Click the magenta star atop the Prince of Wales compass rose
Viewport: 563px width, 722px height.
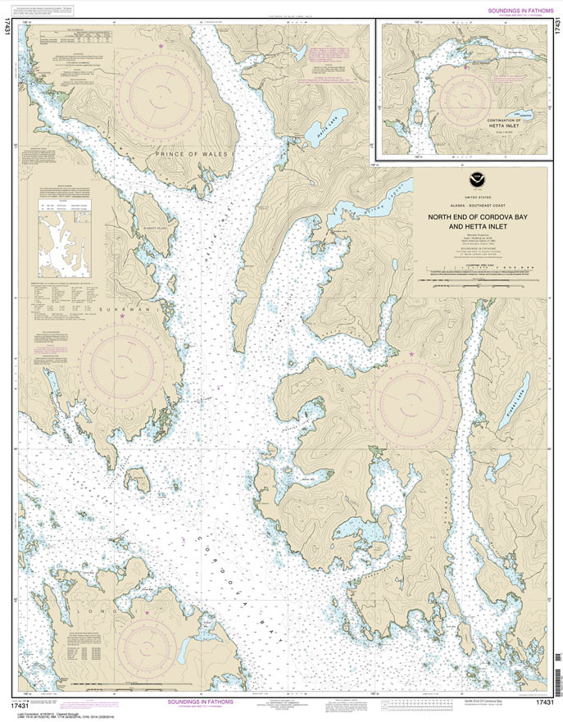161,45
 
